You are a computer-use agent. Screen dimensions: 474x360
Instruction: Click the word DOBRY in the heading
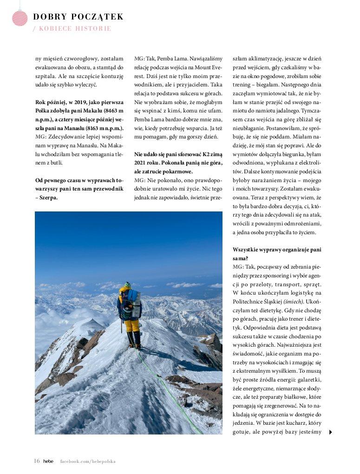(x=49, y=17)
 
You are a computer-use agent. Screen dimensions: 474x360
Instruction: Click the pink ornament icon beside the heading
(x=20, y=18)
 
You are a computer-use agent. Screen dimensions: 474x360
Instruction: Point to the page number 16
(x=37, y=461)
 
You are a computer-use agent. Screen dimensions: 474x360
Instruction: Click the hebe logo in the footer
(x=48, y=461)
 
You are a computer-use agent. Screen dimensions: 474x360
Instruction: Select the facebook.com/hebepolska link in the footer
(x=88, y=461)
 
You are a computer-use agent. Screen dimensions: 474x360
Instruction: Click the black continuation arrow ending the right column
(x=330, y=432)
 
